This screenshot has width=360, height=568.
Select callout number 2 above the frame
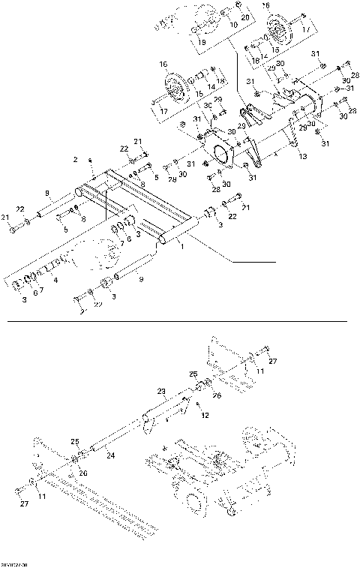click(x=75, y=160)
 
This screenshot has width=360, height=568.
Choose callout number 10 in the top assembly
click(x=233, y=26)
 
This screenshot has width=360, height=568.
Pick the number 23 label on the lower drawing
click(x=160, y=391)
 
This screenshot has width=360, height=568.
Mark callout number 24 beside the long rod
click(x=109, y=455)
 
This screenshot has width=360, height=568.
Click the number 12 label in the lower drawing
click(x=206, y=415)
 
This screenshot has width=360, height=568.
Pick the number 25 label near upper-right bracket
click(x=193, y=374)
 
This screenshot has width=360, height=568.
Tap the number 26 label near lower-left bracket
click(x=82, y=473)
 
